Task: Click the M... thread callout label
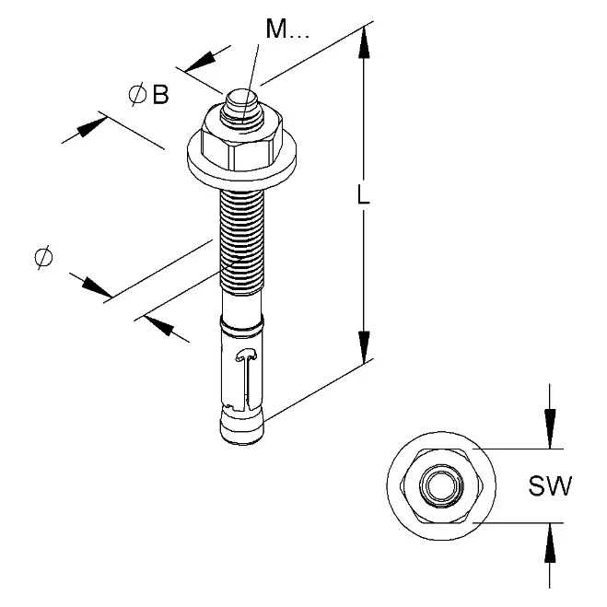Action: (x=287, y=29)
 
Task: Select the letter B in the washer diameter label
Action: (x=160, y=95)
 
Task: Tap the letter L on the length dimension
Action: (x=363, y=194)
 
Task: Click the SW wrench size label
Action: (x=550, y=485)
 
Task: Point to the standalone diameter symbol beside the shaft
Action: (x=43, y=257)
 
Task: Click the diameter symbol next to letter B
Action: (x=138, y=94)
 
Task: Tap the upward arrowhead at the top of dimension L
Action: (x=364, y=43)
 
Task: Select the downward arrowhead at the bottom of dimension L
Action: (x=364, y=347)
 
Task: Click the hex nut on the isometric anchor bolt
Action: (x=241, y=144)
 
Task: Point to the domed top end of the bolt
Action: (x=241, y=101)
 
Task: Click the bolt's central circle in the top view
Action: (x=441, y=485)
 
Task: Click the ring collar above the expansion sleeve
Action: (x=242, y=324)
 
